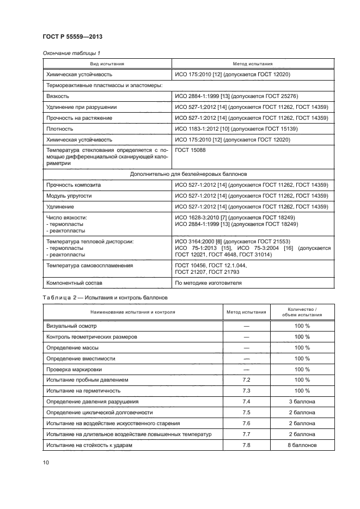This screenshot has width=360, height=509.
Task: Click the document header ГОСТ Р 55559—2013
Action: point(72,37)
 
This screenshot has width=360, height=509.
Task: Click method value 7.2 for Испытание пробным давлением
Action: point(246,379)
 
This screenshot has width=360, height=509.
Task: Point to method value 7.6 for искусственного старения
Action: point(246,423)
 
